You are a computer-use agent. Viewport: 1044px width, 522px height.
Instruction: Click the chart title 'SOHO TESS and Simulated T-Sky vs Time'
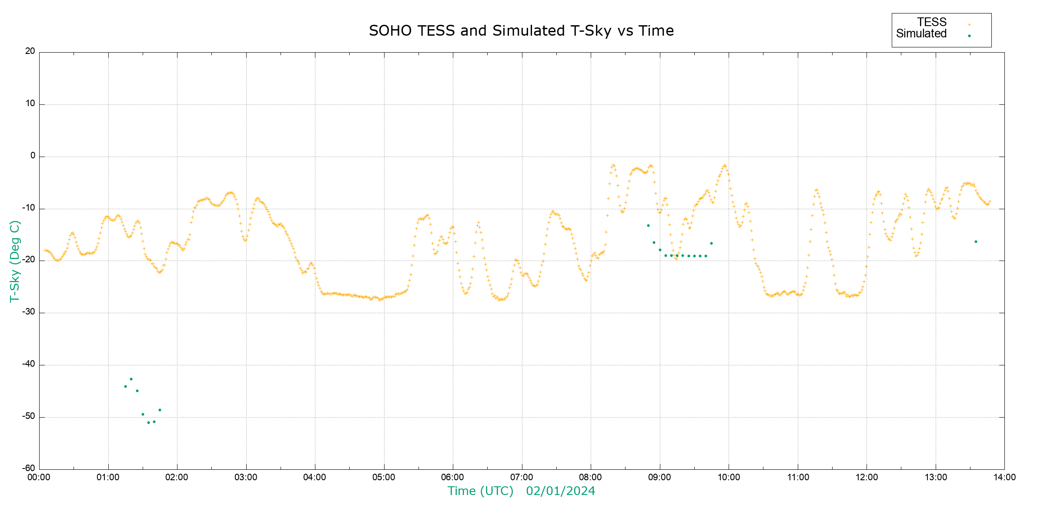coord(521,31)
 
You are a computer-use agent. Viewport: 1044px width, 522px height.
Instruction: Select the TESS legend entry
coord(932,22)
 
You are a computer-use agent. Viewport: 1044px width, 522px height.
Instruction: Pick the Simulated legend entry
coord(921,34)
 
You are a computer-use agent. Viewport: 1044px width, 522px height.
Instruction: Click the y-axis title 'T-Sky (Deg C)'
coord(15,261)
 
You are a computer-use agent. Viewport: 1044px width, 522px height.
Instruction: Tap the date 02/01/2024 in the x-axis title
coord(560,491)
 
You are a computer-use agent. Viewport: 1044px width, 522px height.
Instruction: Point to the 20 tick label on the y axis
coord(30,51)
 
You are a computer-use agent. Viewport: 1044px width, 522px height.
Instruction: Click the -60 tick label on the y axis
coord(29,468)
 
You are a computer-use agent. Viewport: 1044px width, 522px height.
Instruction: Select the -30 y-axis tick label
coord(29,312)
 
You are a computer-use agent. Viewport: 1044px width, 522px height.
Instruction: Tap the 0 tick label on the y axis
coord(33,156)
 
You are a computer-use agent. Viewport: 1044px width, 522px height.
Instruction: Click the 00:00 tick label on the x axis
coord(39,477)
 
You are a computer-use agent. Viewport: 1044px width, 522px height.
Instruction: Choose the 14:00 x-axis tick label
coord(1004,477)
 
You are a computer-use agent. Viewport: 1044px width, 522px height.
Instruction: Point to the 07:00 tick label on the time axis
coord(522,477)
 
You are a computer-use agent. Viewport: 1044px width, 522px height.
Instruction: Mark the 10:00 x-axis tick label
coord(729,477)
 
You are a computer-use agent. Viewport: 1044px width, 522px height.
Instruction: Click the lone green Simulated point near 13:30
coord(976,242)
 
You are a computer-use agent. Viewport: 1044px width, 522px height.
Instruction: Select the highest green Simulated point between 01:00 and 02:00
coord(131,379)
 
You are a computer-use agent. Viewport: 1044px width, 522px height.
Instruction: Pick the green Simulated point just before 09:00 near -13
coord(648,226)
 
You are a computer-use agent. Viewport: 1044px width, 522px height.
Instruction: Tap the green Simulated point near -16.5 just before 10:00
coord(711,244)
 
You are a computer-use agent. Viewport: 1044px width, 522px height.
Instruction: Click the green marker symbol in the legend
coord(969,36)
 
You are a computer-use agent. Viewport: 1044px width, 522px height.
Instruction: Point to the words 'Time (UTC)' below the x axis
coord(480,491)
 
